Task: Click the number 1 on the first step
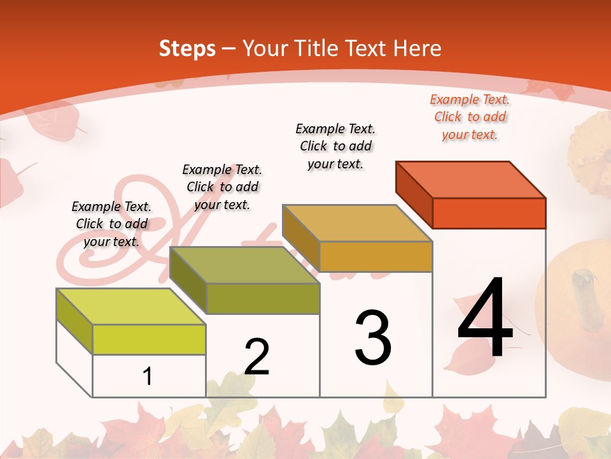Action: tap(148, 376)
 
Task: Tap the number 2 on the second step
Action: tap(256, 356)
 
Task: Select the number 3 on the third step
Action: tap(373, 338)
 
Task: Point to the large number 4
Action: tap(485, 318)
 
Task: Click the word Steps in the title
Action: tap(187, 48)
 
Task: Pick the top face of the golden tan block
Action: tap(358, 223)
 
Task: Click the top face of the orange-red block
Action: tap(471, 180)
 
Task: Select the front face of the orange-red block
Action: tap(489, 213)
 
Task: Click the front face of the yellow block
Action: tap(149, 339)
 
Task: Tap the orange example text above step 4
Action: tap(470, 117)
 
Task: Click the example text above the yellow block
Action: tap(111, 224)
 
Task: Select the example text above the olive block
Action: tap(222, 187)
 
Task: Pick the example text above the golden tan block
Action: tap(335, 146)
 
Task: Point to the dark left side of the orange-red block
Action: tap(414, 194)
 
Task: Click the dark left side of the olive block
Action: tap(188, 280)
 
